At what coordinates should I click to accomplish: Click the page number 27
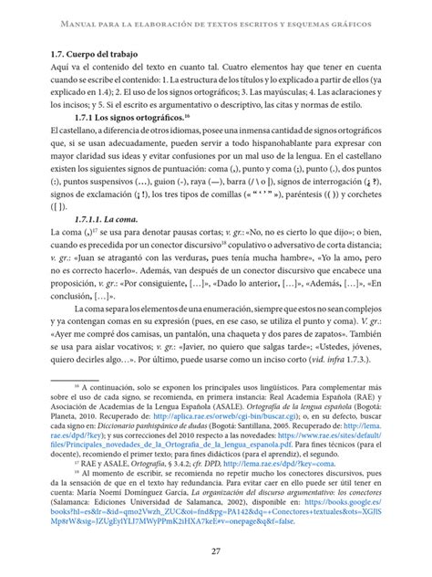216,550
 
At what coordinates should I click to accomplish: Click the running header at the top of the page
216,21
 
